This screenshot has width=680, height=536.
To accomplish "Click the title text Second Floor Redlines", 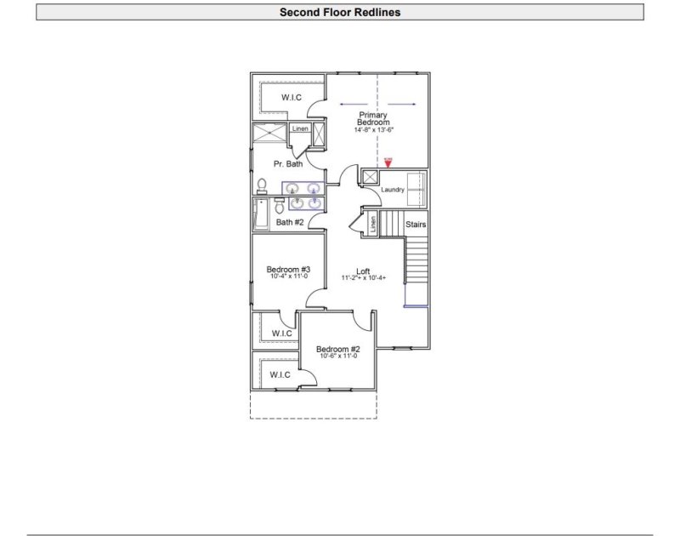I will pyautogui.click(x=340, y=13).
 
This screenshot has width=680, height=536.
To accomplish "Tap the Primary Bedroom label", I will pyautogui.click(x=373, y=119).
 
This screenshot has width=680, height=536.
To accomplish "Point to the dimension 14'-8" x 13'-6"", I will pyautogui.click(x=374, y=130).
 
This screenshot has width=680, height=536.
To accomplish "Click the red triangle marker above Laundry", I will pyautogui.click(x=388, y=161).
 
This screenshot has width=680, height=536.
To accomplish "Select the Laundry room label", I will pyautogui.click(x=393, y=190).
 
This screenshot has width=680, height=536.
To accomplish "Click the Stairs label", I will pyautogui.click(x=416, y=225).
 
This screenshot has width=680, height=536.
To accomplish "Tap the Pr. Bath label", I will pyautogui.click(x=287, y=164).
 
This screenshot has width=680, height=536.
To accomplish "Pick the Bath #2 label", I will pyautogui.click(x=290, y=222).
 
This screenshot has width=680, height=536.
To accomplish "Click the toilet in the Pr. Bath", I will pyautogui.click(x=262, y=186).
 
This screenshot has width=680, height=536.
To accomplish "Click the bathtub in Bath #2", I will pyautogui.click(x=260, y=214).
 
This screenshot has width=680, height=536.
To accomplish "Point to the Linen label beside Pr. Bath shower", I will pyautogui.click(x=300, y=128).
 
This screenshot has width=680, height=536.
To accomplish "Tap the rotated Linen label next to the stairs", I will pyautogui.click(x=372, y=224).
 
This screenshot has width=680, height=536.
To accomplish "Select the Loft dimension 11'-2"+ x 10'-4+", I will pyautogui.click(x=364, y=278).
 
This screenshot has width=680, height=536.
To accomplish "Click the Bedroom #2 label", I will pyautogui.click(x=338, y=349).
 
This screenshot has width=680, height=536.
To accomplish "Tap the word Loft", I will pyautogui.click(x=363, y=271).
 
